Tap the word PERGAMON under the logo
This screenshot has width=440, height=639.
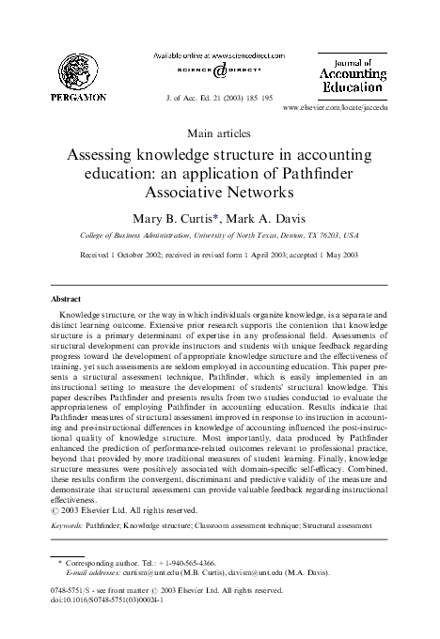[72, 96]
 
